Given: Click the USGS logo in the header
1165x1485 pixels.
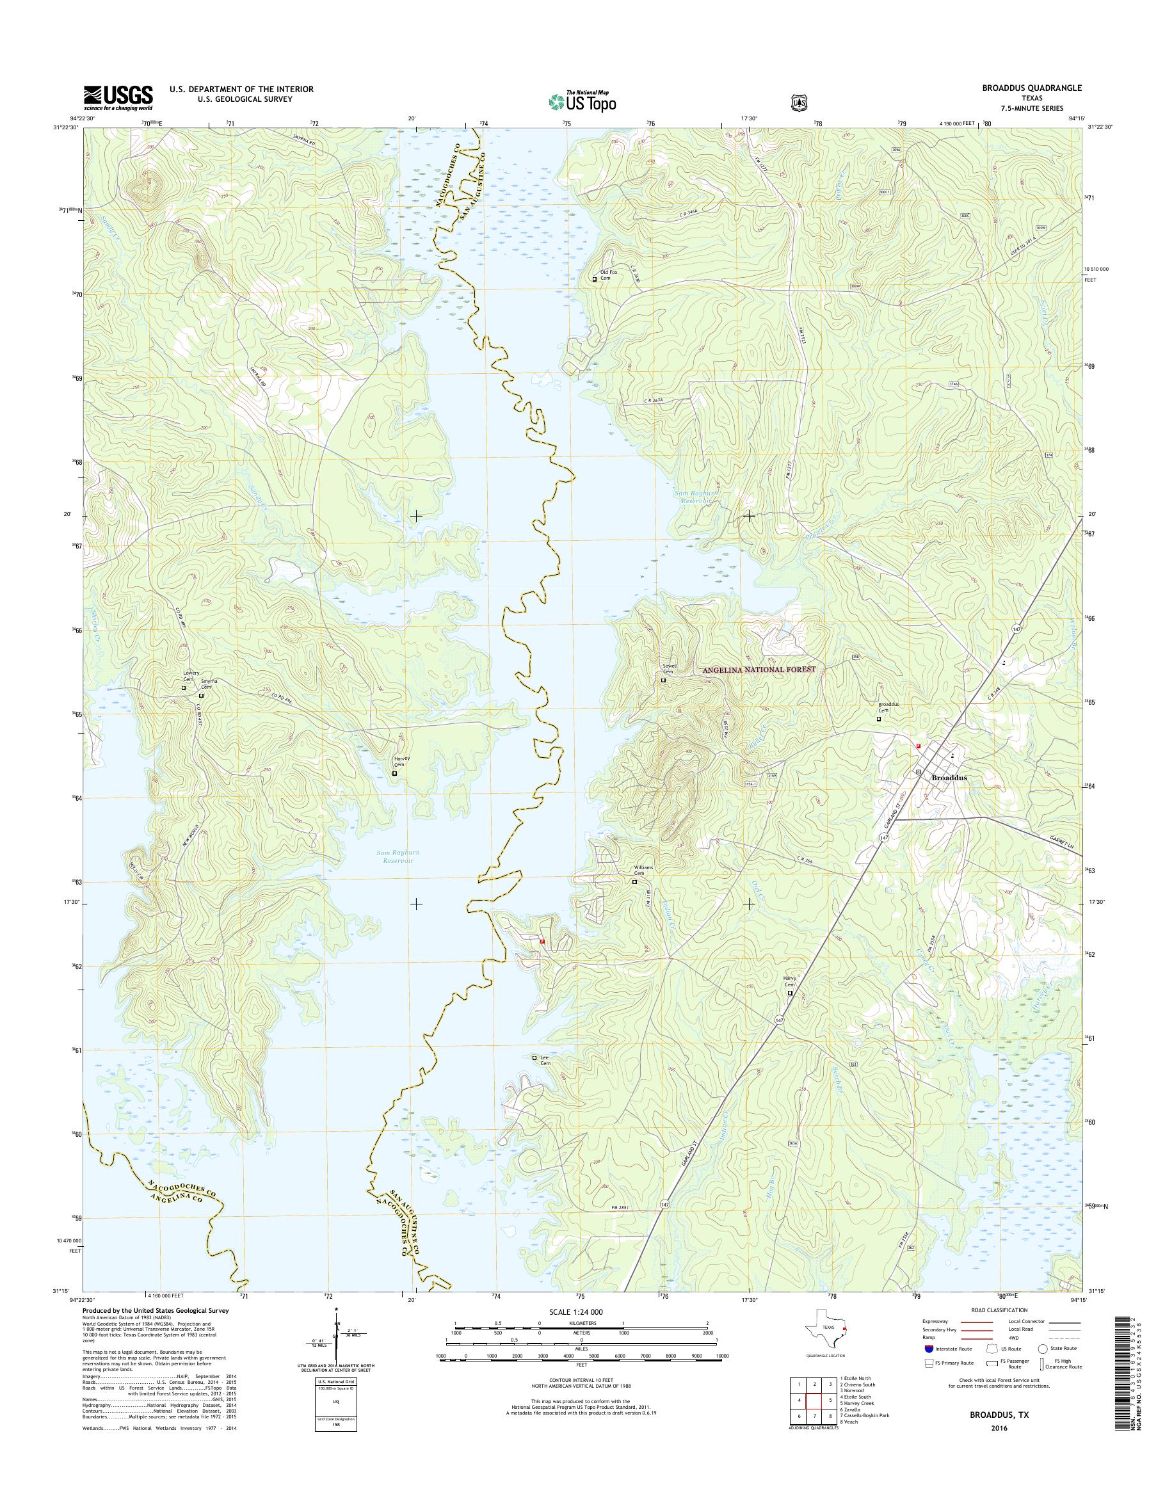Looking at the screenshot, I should pos(118,97).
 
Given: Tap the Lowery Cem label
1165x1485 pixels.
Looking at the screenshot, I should pos(191,677).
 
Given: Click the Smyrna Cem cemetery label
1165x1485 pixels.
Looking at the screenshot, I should pos(209,684).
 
